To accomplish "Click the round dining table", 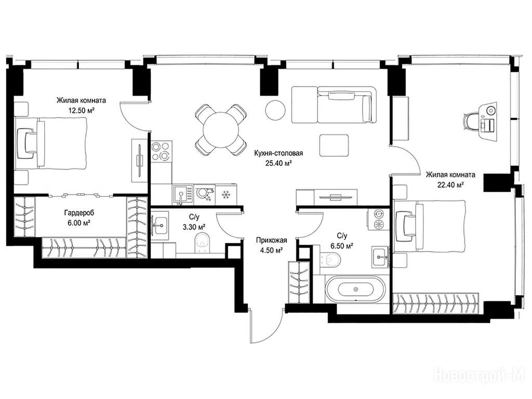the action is [x=221, y=130].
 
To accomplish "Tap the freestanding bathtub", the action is [x=355, y=289].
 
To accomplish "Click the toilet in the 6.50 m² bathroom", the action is [x=330, y=260].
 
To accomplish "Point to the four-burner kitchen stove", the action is [x=161, y=151].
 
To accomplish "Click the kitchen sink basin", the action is [x=181, y=195].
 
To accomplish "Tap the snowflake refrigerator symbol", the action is [x=225, y=195].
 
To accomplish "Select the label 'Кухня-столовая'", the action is [x=278, y=153].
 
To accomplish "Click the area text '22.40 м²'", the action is [x=450, y=185].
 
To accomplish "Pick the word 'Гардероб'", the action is [x=79, y=213].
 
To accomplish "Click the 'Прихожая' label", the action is [x=271, y=241].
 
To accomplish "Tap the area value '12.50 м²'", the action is [x=81, y=110].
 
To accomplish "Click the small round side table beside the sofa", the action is [x=275, y=110].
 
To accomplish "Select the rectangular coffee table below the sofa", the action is [x=334, y=145].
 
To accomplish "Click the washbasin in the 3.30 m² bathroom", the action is [x=159, y=224].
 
